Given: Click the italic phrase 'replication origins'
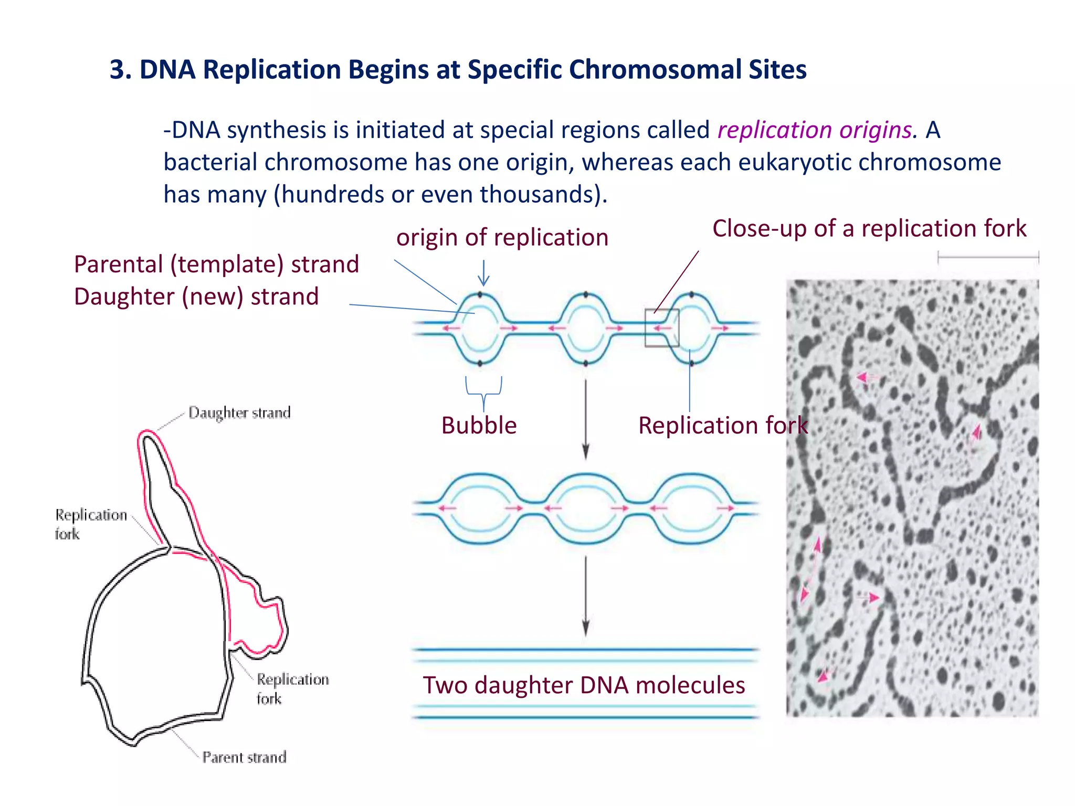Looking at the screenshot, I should (x=815, y=130).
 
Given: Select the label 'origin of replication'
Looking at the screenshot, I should (x=502, y=237).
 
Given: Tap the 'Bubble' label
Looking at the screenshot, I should (x=479, y=425).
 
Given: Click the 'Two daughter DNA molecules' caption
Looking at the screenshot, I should (x=584, y=685).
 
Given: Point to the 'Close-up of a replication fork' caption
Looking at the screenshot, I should (x=869, y=228).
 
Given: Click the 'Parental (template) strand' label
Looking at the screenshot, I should (x=216, y=264).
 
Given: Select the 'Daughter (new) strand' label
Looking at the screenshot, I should (x=196, y=296).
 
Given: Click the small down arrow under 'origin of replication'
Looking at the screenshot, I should (x=483, y=273).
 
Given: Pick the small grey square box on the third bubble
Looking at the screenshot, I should (x=661, y=328).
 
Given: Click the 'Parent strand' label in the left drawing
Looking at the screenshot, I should (x=244, y=757).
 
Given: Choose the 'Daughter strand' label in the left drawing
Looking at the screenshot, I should (x=239, y=412).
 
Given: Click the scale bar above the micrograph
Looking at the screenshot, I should (x=988, y=257).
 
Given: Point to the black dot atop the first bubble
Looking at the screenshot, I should (x=480, y=295).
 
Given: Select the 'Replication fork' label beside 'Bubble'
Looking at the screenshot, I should (x=723, y=425).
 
